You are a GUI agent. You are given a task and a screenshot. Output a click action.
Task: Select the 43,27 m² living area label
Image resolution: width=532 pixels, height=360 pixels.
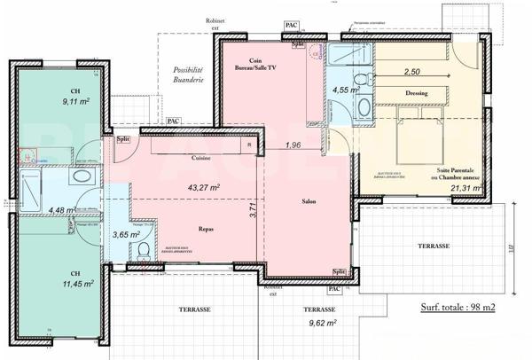click(203, 187)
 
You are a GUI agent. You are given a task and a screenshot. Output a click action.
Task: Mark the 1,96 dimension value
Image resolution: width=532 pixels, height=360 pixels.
click(294, 145)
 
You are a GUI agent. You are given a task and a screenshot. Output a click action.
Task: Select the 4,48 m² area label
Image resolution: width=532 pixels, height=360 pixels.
click(59, 210)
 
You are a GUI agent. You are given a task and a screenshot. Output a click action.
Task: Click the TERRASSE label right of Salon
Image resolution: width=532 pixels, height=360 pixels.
click(434, 246)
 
